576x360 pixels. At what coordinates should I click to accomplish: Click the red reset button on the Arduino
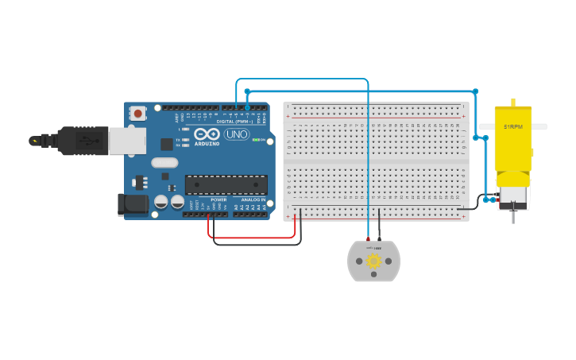139,114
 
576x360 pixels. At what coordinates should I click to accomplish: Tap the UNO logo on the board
237,134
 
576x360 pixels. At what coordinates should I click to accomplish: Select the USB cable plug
79,141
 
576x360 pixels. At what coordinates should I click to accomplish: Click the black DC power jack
133,204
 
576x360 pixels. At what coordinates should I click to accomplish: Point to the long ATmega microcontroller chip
226,184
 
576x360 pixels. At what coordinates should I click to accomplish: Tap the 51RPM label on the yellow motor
512,126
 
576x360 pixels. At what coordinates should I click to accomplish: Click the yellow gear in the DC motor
373,260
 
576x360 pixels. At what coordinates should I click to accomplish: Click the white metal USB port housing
127,141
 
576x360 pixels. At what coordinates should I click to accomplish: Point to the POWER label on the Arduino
218,199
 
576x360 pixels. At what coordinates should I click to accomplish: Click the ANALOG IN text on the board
253,199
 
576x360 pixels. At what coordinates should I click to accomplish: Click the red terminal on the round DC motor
368,240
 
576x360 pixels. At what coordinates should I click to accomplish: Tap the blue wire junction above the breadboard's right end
475,91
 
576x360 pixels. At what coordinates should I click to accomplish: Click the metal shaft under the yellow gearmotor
512,215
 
